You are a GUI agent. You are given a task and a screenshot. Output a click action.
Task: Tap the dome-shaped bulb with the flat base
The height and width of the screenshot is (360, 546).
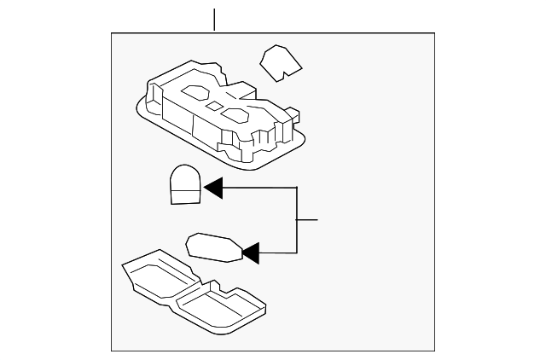[x=184, y=183]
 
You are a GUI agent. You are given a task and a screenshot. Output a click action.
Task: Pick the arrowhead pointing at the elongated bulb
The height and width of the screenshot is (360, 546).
[x=250, y=252]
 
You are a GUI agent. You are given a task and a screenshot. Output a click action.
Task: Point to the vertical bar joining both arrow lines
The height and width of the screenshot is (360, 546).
[x=296, y=219]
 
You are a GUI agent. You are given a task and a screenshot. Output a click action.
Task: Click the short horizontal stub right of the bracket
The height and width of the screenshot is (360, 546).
[x=307, y=220]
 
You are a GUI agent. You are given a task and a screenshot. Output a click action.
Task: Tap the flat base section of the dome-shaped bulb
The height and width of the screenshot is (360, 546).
[x=183, y=197]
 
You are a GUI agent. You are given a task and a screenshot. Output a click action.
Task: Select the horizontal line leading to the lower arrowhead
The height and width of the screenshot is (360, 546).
[x=277, y=253]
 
